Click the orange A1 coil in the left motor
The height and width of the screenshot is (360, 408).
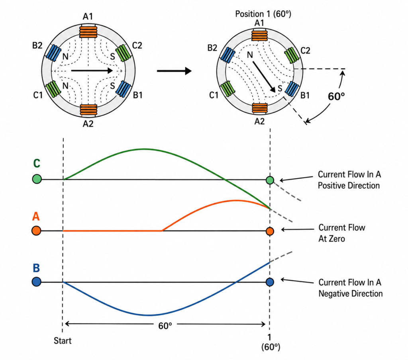click(x=88, y=32)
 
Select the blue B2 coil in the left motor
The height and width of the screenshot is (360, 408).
click(x=53, y=53)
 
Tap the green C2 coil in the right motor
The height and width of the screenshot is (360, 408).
click(x=292, y=55)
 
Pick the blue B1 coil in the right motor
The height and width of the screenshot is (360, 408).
click(x=292, y=89)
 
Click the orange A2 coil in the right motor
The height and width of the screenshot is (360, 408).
click(x=260, y=108)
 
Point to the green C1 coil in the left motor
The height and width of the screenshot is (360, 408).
click(x=53, y=88)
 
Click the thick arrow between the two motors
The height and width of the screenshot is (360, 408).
click(x=174, y=71)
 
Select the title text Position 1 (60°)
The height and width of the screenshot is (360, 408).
click(x=263, y=14)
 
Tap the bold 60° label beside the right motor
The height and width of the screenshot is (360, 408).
click(x=336, y=96)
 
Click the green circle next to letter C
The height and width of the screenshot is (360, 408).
click(x=37, y=179)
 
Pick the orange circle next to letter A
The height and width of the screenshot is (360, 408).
click(x=36, y=231)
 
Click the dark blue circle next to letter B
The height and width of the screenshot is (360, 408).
click(x=36, y=282)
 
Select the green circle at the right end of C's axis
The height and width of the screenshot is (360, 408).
click(x=270, y=180)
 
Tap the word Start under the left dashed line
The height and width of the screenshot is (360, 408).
click(x=63, y=341)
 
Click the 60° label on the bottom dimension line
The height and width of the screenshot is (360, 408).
click(x=165, y=326)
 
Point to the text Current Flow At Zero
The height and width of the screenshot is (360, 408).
click(x=341, y=233)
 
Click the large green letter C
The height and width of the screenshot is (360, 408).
click(x=37, y=163)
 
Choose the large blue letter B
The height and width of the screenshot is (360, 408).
click(x=36, y=268)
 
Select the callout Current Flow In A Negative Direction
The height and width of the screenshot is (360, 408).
click(x=350, y=288)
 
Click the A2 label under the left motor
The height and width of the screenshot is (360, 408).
click(x=88, y=123)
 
